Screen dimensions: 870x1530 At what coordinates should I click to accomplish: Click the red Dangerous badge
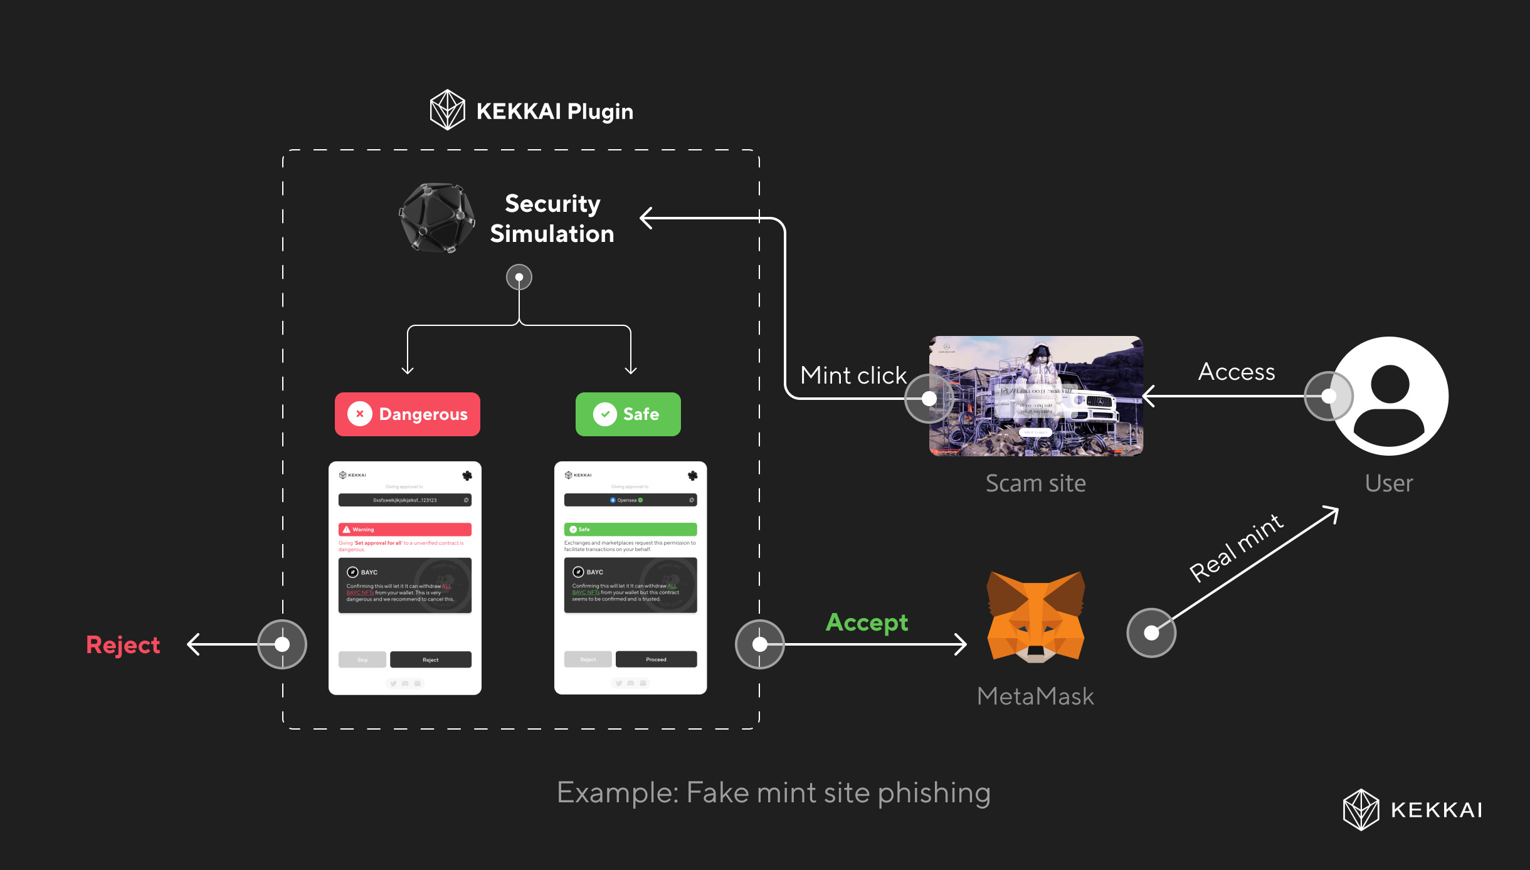pos(408,414)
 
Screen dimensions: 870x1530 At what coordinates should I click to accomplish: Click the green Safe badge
pos(628,414)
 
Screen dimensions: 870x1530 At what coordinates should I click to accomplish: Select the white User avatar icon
pos(1390,396)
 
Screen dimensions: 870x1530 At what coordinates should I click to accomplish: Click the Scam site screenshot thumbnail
pos(1036,396)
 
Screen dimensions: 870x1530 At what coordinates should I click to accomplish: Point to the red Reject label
pos(123,645)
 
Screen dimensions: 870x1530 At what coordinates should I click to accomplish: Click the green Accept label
pos(867,622)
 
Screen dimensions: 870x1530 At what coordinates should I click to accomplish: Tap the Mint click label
pos(853,375)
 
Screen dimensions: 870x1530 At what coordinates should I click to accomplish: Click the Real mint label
pos(1237,548)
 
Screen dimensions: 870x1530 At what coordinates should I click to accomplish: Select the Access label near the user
pos(1237,372)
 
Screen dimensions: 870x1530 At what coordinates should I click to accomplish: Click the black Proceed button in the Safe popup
pos(656,659)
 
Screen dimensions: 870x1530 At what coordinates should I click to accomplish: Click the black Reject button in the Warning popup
pos(430,659)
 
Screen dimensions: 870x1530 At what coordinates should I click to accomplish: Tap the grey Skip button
pos(362,659)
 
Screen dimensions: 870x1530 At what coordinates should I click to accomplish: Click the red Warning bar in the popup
pos(405,529)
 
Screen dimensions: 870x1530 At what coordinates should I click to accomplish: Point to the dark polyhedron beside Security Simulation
pos(437,218)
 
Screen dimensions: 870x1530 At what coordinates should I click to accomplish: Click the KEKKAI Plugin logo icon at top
pos(447,110)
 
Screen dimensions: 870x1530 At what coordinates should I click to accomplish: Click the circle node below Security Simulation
pos(519,277)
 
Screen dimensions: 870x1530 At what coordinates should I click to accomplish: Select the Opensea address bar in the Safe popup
pos(630,500)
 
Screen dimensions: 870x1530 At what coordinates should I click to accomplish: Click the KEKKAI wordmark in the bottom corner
pos(1436,810)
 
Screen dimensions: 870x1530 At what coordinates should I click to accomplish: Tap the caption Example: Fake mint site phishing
pos(774,793)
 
